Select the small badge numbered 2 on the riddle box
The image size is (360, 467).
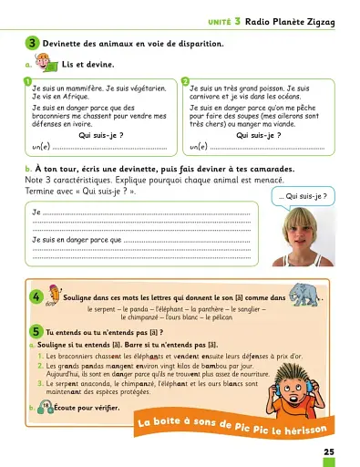click(185, 82)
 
